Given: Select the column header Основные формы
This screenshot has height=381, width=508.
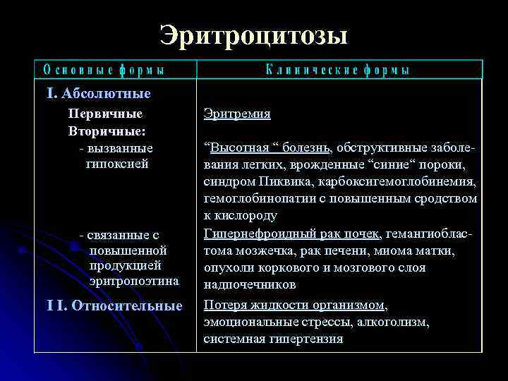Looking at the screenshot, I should pyautogui.click(x=104, y=70).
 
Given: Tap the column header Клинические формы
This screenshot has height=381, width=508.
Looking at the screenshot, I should pyautogui.click(x=338, y=70).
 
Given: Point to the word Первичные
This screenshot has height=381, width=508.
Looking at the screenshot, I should pyautogui.click(x=105, y=114).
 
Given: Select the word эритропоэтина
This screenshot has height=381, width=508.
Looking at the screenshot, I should pyautogui.click(x=134, y=282).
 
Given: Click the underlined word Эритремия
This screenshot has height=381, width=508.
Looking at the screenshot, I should pyautogui.click(x=237, y=114).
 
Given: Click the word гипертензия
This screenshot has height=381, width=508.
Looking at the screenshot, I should pyautogui.click(x=308, y=339).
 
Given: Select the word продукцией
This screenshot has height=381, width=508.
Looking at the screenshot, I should pyautogui.click(x=126, y=265).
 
